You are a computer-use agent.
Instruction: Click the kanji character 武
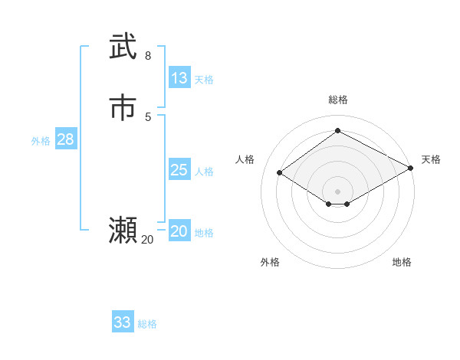pyautogui.click(x=123, y=47)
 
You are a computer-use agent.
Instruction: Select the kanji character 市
pyautogui.click(x=123, y=108)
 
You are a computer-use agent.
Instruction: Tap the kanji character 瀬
pyautogui.click(x=123, y=231)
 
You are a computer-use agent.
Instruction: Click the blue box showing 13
pyautogui.click(x=179, y=78)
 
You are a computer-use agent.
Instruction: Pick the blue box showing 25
pyautogui.click(x=179, y=170)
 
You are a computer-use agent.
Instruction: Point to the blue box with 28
pyautogui.click(x=65, y=139)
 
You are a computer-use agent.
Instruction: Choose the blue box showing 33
pyautogui.click(x=123, y=322)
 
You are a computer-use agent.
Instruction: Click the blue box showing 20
pyautogui.click(x=179, y=231)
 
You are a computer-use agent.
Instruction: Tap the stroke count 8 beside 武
pyautogui.click(x=148, y=56)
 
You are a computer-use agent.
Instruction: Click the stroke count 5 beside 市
pyautogui.click(x=148, y=117)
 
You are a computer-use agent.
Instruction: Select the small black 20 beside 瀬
pyautogui.click(x=147, y=240)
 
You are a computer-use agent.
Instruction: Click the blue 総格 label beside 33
pyautogui.click(x=147, y=324)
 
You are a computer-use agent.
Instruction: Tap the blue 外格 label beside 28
pyautogui.click(x=41, y=141)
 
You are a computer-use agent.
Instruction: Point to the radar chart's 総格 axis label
pyautogui.click(x=338, y=100)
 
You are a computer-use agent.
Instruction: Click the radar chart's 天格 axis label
pyautogui.click(x=431, y=159)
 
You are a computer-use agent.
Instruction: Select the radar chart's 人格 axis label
pyautogui.click(x=245, y=159)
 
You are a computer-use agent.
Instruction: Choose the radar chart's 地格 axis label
pyautogui.click(x=402, y=262)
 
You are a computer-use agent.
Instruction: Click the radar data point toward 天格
pyautogui.click(x=411, y=169)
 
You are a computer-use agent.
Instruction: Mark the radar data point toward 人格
pyautogui.click(x=280, y=173)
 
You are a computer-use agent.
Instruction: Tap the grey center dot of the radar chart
pyautogui.click(x=338, y=191)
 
